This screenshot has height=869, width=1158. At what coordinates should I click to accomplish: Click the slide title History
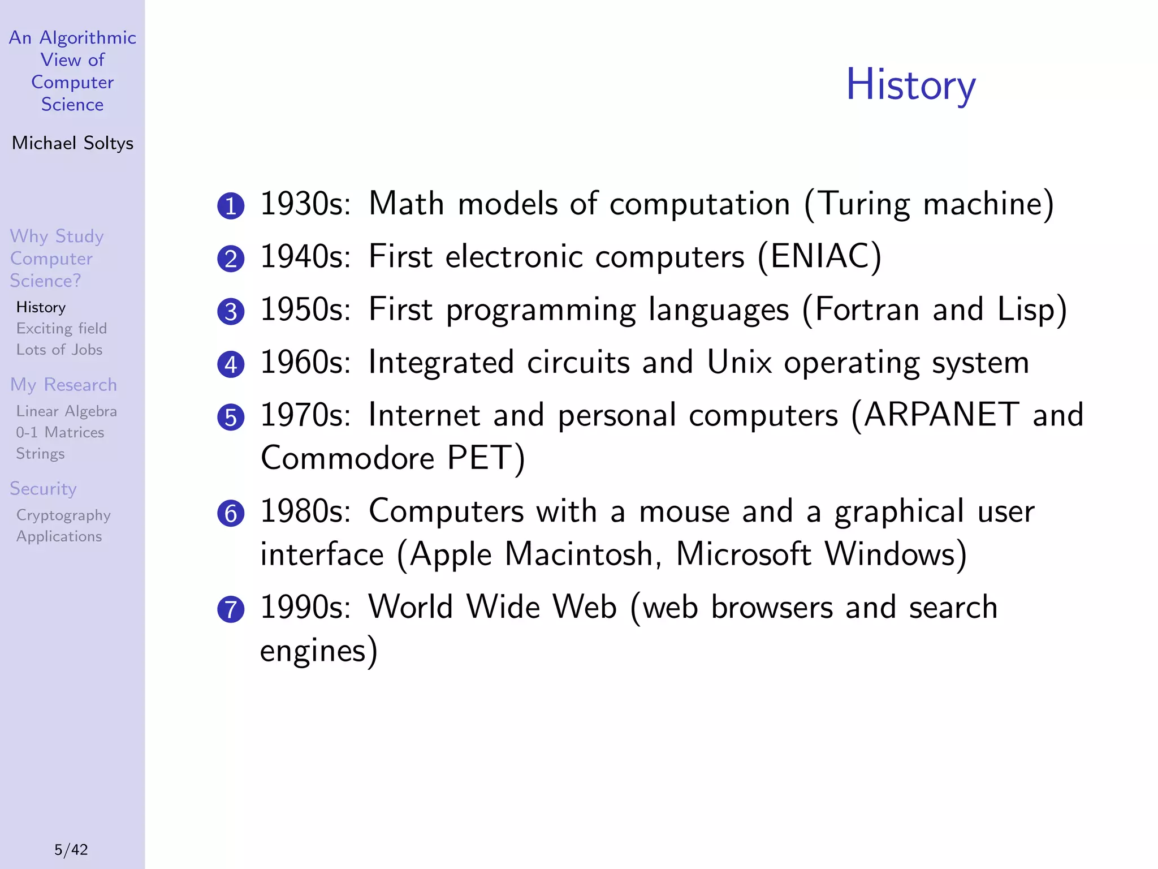[x=910, y=85]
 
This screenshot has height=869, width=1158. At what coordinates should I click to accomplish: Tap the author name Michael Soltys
[x=72, y=143]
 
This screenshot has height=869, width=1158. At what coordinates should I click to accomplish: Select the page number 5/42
[x=71, y=849]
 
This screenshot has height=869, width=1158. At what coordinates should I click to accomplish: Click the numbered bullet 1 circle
[x=231, y=206]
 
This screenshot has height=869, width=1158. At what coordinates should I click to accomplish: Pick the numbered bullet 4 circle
[x=231, y=364]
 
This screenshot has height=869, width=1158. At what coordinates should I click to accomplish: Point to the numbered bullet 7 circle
[x=231, y=609]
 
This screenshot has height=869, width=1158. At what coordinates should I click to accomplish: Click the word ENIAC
[x=819, y=256]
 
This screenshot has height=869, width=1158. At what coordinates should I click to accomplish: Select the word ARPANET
[x=941, y=415]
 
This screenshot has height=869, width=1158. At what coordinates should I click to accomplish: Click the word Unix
[x=739, y=362]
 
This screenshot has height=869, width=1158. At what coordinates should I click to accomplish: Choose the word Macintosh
[x=578, y=554]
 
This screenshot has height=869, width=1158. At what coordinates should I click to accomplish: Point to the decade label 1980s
[x=305, y=511]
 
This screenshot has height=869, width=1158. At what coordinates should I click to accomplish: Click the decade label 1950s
[x=305, y=309]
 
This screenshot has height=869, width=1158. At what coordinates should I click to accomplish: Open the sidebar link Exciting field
[x=61, y=329]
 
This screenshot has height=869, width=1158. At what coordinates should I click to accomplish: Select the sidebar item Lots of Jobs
[x=59, y=350]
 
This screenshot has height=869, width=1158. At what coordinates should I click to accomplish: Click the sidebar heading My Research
[x=63, y=385]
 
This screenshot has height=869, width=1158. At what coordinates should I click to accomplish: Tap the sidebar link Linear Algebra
[x=66, y=411]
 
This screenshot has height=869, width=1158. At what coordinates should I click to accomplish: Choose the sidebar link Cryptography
[x=63, y=515]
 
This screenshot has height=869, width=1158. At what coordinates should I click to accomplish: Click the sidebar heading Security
[x=43, y=488]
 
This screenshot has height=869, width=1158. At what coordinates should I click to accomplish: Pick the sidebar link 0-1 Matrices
[x=60, y=432]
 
